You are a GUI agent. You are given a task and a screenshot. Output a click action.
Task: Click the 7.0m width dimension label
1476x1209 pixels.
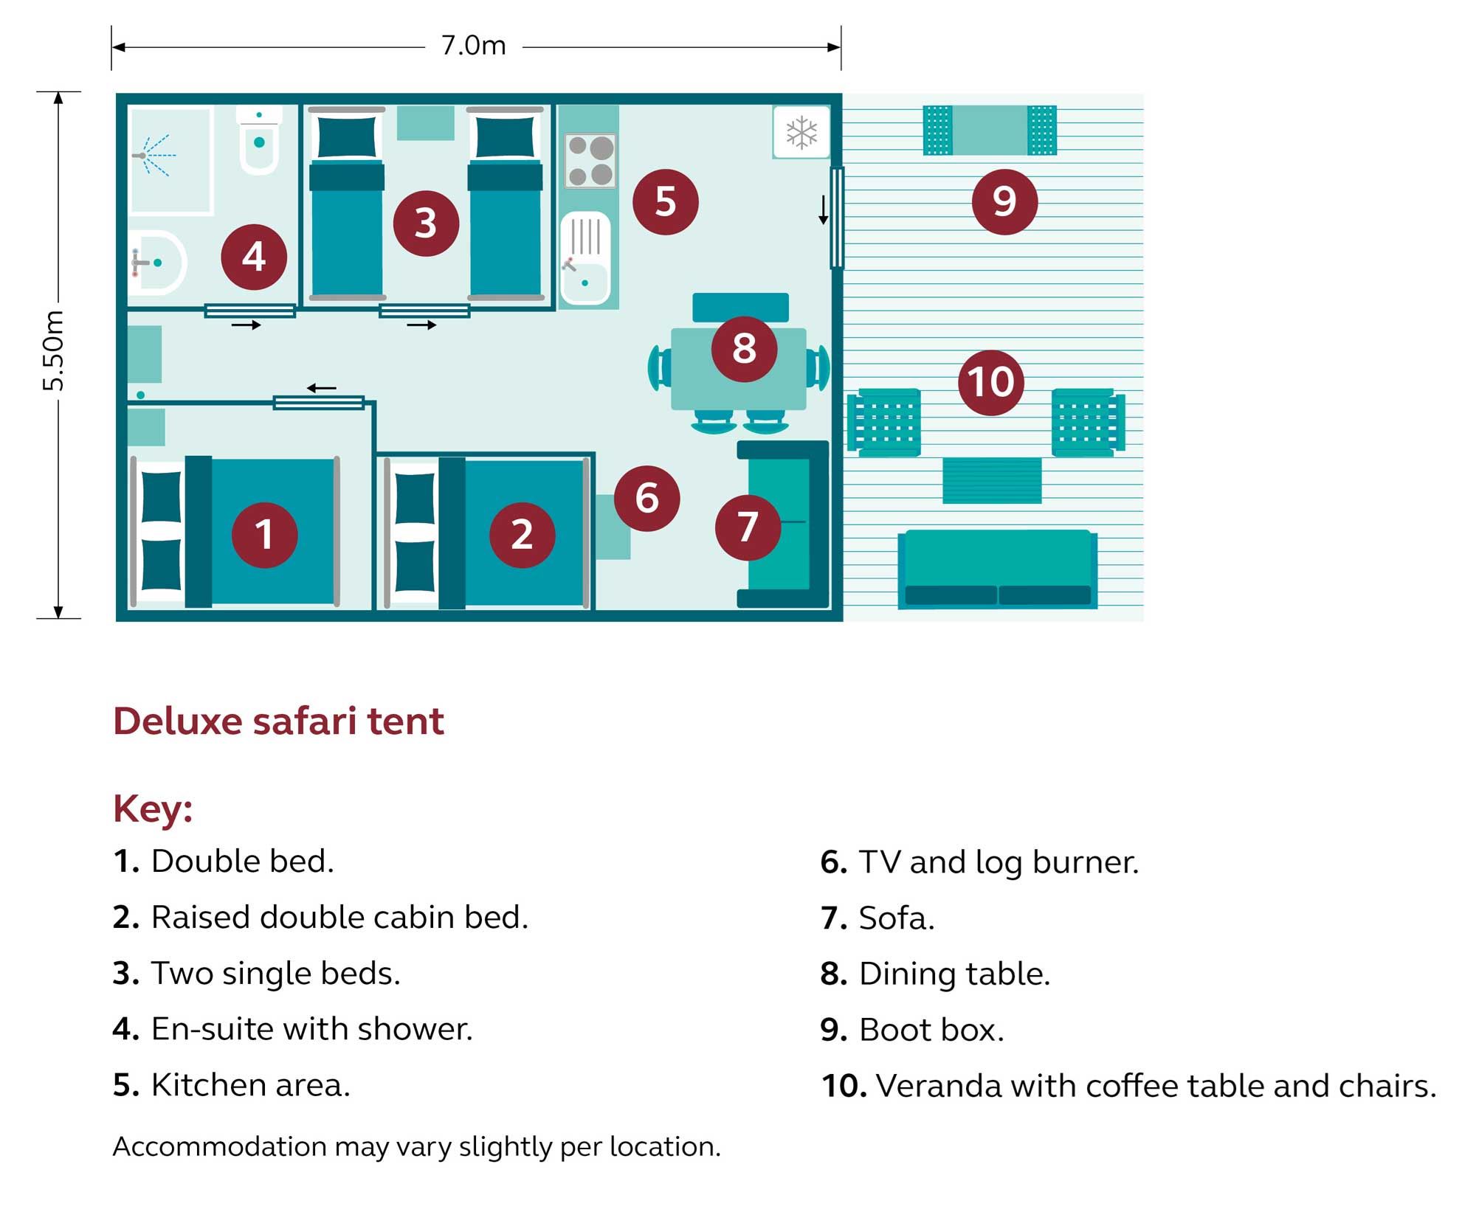click(x=474, y=46)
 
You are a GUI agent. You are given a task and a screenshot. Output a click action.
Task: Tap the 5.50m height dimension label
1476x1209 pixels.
click(x=54, y=351)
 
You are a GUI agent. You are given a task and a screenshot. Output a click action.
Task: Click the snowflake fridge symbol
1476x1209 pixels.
click(x=801, y=133)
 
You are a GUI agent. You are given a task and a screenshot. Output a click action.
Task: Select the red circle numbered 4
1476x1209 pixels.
click(x=254, y=257)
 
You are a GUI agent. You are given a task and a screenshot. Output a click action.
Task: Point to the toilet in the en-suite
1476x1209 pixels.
click(x=259, y=141)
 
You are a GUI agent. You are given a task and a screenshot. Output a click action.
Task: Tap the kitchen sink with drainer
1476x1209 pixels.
click(x=585, y=258)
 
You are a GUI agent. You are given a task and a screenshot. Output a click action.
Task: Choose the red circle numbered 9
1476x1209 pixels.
click(x=1004, y=201)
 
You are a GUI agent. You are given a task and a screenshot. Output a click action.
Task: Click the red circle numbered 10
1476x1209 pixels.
click(x=990, y=382)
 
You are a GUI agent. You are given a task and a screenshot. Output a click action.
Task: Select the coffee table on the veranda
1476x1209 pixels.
click(x=992, y=480)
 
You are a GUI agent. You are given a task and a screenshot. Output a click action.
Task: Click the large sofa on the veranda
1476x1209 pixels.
click(x=997, y=569)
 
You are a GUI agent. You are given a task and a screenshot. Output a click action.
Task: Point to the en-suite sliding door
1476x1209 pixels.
click(x=250, y=311)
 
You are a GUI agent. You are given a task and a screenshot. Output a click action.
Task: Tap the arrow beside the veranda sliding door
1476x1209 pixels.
click(x=824, y=209)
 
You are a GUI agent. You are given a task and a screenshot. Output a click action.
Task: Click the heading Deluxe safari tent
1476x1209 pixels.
click(x=279, y=721)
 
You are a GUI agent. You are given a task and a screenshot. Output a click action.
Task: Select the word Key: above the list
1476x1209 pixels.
click(x=153, y=808)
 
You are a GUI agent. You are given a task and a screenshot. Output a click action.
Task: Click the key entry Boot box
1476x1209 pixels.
click(x=912, y=1030)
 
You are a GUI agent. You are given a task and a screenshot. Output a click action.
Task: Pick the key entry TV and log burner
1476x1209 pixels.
click(x=979, y=862)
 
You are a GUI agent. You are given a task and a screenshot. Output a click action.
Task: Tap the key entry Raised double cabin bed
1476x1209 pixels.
click(x=320, y=918)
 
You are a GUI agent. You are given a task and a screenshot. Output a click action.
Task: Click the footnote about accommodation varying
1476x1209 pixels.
click(x=416, y=1146)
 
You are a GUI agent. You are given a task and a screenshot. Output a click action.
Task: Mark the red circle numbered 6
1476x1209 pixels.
click(x=646, y=498)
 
